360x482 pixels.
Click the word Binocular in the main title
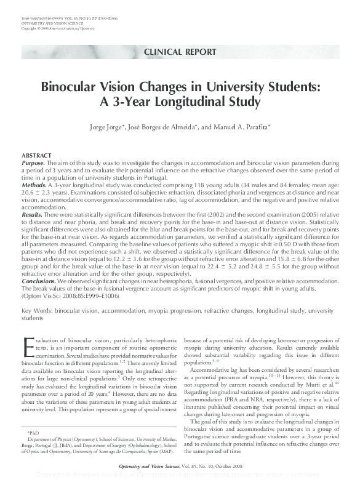tap(70, 87)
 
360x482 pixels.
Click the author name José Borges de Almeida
tap(178, 127)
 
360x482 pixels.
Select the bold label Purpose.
tap(33, 163)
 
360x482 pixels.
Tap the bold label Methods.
tap(34, 185)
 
